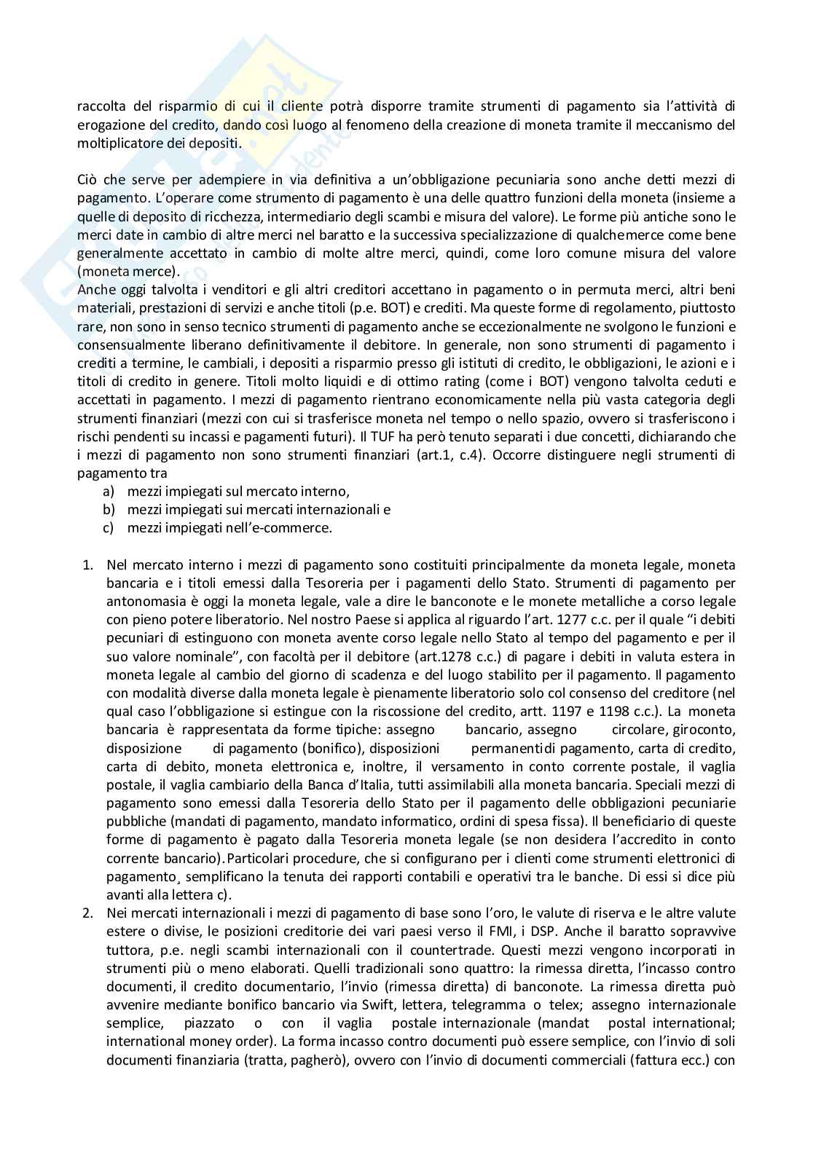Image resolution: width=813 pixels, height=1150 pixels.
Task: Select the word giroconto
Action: coord(705,730)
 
